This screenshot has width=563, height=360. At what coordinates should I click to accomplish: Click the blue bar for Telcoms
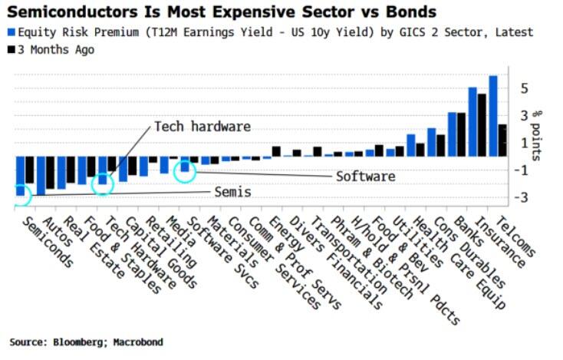coord(493,116)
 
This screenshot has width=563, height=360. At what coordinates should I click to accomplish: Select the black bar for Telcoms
coord(502,140)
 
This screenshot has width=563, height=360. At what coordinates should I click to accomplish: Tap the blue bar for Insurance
coord(473,122)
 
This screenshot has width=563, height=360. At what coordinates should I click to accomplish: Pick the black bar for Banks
coord(461,135)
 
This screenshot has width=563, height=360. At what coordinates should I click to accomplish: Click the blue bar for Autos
coord(41,176)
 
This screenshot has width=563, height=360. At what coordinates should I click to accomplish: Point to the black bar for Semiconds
coord(29,170)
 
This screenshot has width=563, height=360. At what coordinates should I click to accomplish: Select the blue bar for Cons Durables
coord(432,142)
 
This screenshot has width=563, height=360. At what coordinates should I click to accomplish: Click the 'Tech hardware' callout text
coord(202,127)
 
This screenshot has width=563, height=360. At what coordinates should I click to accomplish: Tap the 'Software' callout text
coord(366,177)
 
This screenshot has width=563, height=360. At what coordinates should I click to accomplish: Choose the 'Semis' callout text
coord(232,192)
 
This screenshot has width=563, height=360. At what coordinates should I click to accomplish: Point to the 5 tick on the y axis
coord(524,88)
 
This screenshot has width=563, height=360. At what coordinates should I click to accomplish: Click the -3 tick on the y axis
coord(521,197)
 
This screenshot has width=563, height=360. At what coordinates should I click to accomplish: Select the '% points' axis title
coord(536,136)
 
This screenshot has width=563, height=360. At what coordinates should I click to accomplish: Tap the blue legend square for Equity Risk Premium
coord(12,32)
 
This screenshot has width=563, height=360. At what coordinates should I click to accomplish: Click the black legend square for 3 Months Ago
coord(12,50)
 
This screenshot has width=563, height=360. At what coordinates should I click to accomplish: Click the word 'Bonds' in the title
coord(411,12)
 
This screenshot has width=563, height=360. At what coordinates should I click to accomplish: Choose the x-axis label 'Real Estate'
coord(95,247)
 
